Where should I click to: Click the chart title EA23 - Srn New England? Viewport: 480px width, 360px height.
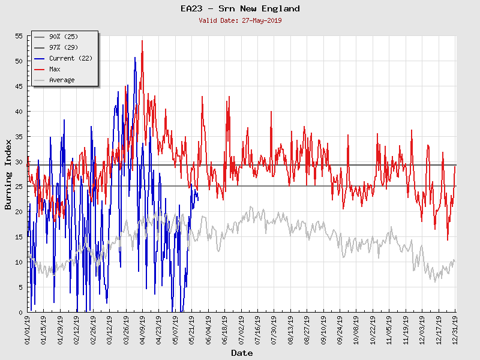(x=240, y=8)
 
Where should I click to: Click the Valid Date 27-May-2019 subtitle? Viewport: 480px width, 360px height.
(x=240, y=20)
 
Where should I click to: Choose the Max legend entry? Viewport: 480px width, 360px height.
(x=55, y=69)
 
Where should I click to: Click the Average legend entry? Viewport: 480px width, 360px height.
(x=62, y=80)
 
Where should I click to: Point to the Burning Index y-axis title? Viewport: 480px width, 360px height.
(x=8, y=174)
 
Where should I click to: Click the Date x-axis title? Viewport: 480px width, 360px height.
(x=242, y=353)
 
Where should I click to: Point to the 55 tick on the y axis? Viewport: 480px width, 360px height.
(x=19, y=36)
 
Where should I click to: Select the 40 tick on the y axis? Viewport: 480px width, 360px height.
(x=19, y=112)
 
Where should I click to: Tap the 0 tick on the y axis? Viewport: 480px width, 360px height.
(x=20, y=313)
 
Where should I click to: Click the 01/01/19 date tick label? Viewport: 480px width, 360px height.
(x=28, y=331)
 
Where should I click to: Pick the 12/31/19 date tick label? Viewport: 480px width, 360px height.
(x=455, y=331)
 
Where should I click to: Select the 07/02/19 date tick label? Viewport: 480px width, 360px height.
(x=241, y=331)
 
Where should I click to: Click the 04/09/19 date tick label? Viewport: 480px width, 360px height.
(x=143, y=331)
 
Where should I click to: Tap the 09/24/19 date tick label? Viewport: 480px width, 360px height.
(x=340, y=331)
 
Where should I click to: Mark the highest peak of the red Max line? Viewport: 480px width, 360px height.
(x=142, y=40)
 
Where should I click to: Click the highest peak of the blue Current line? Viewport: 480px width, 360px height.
(x=135, y=57)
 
